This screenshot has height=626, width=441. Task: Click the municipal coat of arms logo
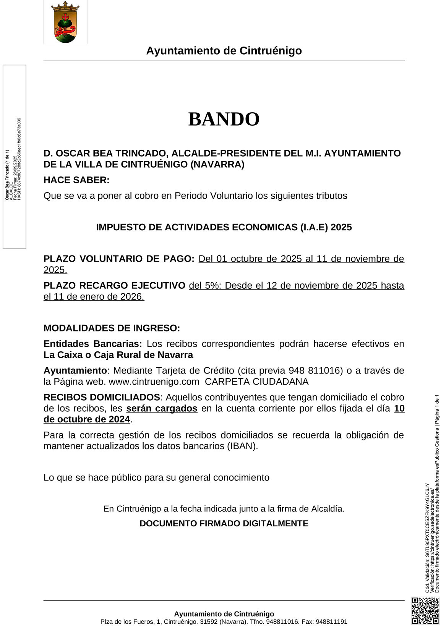(x=65, y=22)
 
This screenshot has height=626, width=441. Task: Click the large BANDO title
(x=224, y=119)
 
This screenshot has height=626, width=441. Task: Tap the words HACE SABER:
(x=76, y=180)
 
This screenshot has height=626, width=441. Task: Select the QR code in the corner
(x=425, y=610)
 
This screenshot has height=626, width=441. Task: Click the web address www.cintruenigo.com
(x=154, y=382)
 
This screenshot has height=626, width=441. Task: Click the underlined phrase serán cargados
(x=162, y=408)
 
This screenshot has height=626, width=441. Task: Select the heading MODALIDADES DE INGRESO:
(x=112, y=328)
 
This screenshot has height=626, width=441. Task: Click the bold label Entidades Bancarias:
(x=93, y=344)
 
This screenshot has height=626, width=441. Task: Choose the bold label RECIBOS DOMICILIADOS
(x=102, y=397)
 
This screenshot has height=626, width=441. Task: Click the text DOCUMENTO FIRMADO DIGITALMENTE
(x=224, y=523)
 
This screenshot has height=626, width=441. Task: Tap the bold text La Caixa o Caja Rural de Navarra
(x=118, y=355)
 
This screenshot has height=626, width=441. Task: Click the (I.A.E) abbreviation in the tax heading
(x=313, y=227)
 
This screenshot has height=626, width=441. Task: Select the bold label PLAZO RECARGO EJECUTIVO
(x=114, y=285)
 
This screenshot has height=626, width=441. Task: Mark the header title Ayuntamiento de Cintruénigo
(x=224, y=51)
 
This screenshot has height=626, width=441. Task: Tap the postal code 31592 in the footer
(x=209, y=622)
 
